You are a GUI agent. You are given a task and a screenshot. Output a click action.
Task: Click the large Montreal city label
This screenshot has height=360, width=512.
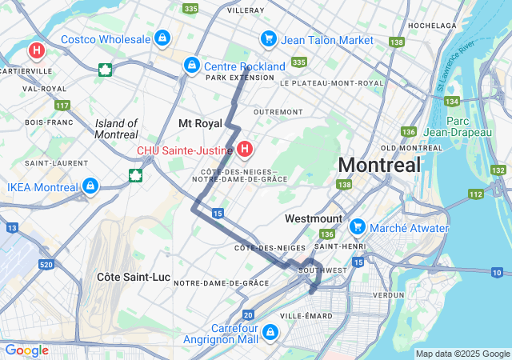(x=379, y=166)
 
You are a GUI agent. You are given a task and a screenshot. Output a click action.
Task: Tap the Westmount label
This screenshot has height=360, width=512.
(x=314, y=218)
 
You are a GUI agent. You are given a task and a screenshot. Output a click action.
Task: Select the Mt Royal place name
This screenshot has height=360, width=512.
(x=200, y=123)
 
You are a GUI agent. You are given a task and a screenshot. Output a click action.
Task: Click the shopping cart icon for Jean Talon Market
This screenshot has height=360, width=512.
(x=268, y=39)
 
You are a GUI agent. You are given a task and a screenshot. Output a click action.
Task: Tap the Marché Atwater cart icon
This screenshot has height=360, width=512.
(x=357, y=228)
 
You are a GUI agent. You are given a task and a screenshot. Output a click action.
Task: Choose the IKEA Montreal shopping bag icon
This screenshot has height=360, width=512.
(x=90, y=186)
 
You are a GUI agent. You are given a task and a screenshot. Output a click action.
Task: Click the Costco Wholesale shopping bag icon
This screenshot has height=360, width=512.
(x=162, y=38)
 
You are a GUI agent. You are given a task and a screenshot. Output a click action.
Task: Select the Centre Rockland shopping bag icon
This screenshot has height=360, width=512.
(x=191, y=66)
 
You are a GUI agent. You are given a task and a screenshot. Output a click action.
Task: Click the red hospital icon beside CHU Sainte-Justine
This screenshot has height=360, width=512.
(x=245, y=149)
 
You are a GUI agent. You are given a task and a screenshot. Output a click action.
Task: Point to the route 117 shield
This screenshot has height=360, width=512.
(x=62, y=106)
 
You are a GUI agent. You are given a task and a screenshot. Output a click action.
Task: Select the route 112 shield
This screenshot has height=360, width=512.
(x=476, y=194)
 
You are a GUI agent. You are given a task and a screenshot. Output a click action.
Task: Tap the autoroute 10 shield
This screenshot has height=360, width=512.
(x=497, y=274)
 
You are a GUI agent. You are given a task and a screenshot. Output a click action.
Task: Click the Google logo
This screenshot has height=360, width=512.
(x=26, y=350)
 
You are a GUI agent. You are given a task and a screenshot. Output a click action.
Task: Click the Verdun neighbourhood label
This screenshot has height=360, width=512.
(x=389, y=294)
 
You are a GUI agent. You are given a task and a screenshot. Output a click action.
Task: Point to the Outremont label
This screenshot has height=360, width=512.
(x=278, y=111)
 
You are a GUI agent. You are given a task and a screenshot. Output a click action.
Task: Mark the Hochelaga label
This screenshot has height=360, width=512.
(x=431, y=26)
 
